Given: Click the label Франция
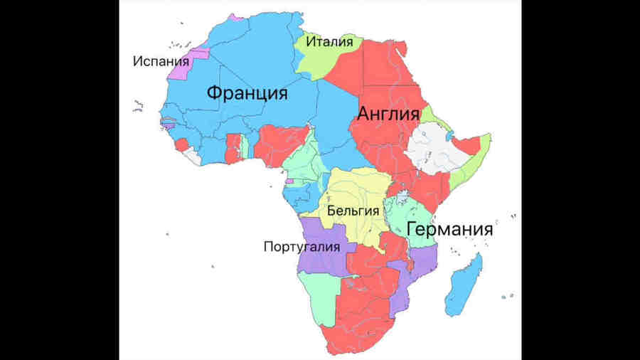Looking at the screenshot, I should click(247, 93).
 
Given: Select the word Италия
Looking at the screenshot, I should click(329, 43).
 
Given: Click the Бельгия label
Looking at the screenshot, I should click(353, 211).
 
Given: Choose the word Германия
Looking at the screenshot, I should click(449, 230).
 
